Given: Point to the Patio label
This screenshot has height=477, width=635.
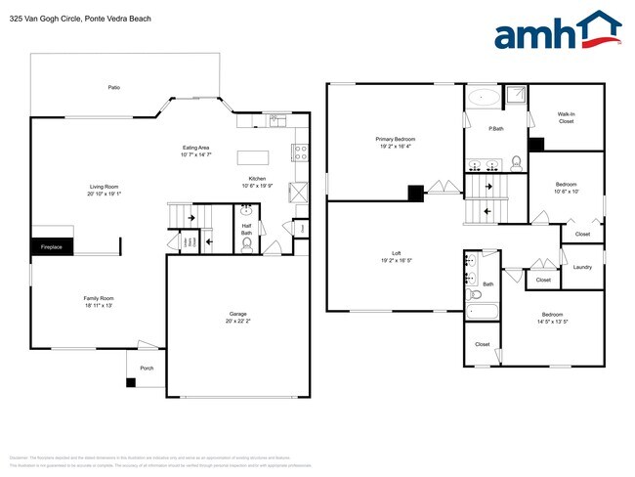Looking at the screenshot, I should tap(113, 88).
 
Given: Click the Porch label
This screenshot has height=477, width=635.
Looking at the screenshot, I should tap(147, 368).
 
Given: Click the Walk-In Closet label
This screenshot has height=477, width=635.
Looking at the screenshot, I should tap(566, 117).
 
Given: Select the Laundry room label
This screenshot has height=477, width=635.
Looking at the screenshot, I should tap(582, 267).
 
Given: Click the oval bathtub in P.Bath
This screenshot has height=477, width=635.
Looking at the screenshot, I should tap(482, 97).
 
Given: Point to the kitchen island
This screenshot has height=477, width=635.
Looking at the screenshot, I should tap(253, 157).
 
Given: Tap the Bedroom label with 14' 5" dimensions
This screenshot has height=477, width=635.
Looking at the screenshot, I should tap(553, 317).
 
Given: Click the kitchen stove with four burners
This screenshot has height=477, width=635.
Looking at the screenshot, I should tap(301, 152).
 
